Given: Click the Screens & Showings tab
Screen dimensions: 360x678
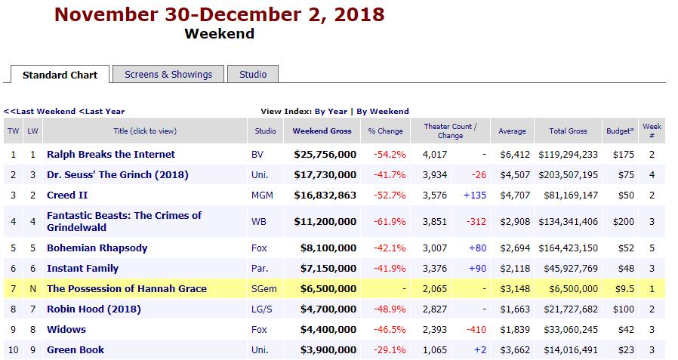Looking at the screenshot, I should pos(168,74).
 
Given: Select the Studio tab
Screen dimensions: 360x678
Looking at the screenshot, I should pos(253,74).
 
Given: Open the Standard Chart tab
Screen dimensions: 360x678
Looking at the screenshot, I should pos(60,75).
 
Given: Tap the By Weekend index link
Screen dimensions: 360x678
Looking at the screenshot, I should pos(383,111).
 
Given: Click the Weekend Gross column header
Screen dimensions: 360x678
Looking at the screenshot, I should pos(322,131).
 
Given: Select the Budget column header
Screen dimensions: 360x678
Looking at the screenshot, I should pos(620,131).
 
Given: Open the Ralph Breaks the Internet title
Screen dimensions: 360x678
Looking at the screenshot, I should pos(111,154).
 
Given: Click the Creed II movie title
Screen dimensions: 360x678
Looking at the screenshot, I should pos(66,195).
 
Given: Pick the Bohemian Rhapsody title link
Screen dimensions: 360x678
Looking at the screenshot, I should pos(97,248).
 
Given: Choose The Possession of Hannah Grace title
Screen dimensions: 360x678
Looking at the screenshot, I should pos(127,288).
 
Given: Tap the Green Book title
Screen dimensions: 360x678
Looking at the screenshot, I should pos(76,349).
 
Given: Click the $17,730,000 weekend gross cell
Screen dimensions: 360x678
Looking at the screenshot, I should pos(325,174).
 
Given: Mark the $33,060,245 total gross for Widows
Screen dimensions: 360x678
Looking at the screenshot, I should pos(568,329).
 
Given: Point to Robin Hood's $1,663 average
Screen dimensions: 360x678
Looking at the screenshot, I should pos(513,309).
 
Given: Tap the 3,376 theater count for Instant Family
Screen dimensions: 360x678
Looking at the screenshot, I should pos(435,268).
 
